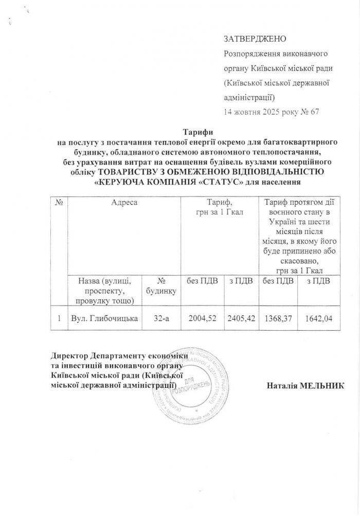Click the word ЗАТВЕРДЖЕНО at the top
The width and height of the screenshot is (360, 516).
pos(255,39)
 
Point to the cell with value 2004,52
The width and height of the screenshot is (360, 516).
pos(202,321)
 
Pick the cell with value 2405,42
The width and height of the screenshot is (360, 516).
pos(241,321)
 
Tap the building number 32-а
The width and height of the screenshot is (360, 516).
pos(163,321)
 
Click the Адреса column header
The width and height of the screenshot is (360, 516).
pos(124,203)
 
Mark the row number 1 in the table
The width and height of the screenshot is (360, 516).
pos(60,321)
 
